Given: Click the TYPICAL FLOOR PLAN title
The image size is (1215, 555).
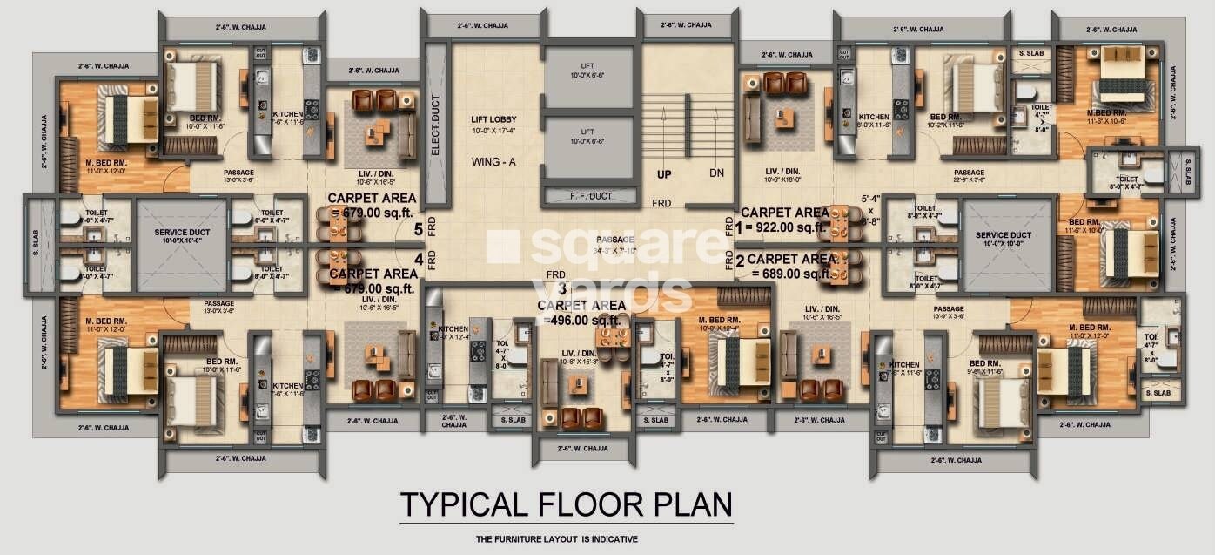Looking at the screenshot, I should tap(566, 504).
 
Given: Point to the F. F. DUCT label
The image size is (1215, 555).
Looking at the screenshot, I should tap(589, 196).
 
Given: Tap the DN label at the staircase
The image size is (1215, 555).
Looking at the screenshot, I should tap(716, 173).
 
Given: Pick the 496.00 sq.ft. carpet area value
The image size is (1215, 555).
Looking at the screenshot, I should tap(583, 320).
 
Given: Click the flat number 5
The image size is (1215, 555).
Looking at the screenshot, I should tap(419, 230).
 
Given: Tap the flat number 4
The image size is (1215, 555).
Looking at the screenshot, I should tap(419, 259).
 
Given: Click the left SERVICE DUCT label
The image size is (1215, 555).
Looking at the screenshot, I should tap(181, 235).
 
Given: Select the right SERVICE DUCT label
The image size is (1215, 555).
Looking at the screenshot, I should tap(1004, 235).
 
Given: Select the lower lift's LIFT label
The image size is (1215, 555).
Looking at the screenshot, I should tap(588, 131).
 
